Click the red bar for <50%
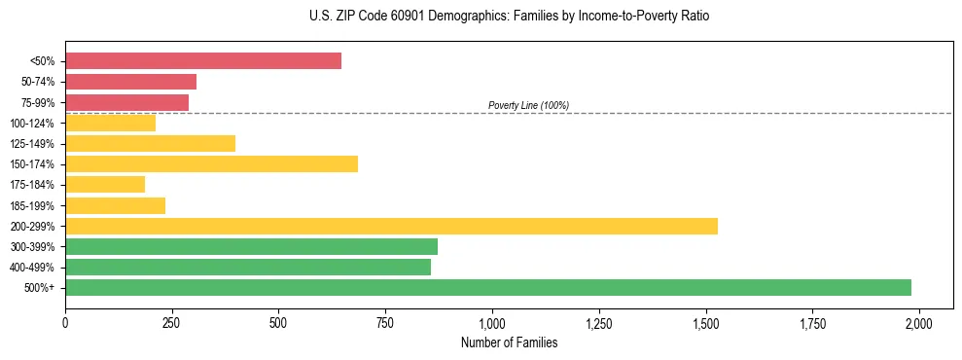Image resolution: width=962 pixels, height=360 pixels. pos(203,61)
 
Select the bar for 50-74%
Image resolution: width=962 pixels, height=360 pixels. pos(131,82)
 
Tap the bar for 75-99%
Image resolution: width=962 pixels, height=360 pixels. pos(127,102)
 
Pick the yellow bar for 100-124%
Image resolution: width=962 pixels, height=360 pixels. pos(111,123)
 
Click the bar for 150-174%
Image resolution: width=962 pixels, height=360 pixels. pos(212,163)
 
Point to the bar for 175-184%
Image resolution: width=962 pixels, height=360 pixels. pos(105,184)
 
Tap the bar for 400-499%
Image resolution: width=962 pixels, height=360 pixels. pos(248,267)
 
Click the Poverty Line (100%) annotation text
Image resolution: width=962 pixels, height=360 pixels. pos(528,105)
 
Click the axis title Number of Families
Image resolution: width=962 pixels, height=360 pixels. pos(509,342)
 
